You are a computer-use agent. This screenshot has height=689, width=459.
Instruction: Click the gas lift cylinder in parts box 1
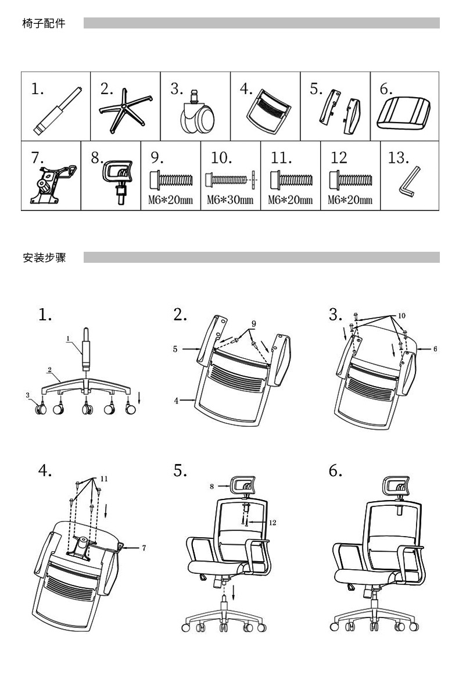coord(58,111)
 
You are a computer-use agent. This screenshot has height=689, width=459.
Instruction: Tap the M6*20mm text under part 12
coord(350,201)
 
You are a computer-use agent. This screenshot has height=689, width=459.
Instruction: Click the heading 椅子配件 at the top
coord(44,24)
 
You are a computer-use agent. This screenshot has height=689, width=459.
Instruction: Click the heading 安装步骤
coord(44,257)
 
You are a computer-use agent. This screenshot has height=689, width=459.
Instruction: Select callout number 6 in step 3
coord(435,349)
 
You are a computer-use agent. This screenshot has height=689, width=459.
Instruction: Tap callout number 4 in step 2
coord(175,400)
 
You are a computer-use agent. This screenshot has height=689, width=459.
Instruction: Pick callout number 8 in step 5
coord(213,485)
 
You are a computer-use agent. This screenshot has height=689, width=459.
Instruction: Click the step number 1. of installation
coord(45,315)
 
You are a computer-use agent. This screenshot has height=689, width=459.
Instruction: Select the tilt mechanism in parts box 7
coord(49,183)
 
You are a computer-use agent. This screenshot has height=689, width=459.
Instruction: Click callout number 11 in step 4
coord(105,479)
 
